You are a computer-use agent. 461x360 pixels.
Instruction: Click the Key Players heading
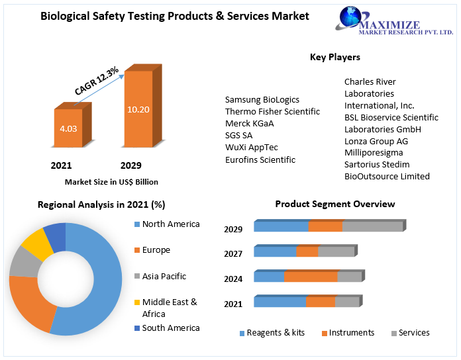(x=334, y=58)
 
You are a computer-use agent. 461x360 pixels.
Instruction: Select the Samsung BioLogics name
(x=262, y=100)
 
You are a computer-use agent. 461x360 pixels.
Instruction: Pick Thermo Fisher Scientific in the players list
(x=272, y=112)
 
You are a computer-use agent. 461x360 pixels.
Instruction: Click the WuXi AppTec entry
(x=252, y=148)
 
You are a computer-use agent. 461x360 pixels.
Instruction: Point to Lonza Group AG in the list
(x=376, y=141)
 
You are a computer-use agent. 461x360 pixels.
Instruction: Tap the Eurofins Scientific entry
(x=260, y=159)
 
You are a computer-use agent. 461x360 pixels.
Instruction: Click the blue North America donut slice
(x=99, y=278)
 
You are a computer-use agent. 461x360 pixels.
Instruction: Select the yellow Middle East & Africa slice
(x=37, y=245)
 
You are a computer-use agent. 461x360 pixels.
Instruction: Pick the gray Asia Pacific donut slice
(x=24, y=263)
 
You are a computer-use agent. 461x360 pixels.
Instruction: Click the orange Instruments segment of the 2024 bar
(x=311, y=277)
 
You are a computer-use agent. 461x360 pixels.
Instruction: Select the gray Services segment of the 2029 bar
(x=372, y=226)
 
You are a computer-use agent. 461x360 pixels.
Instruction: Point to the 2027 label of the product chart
(x=233, y=253)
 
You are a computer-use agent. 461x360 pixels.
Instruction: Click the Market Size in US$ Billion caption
(x=111, y=181)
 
